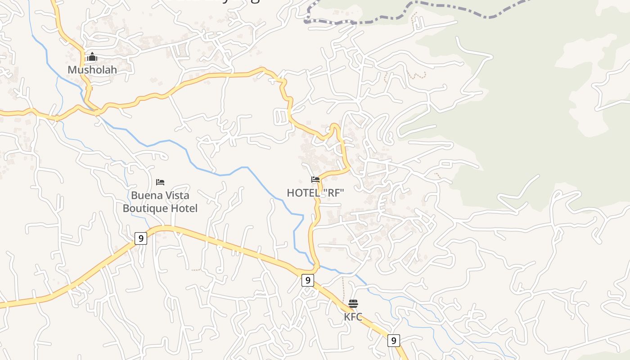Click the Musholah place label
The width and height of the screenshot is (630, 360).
92,70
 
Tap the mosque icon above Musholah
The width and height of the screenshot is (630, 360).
92,57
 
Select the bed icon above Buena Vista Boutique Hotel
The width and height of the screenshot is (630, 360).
160,182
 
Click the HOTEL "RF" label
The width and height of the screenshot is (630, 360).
315,193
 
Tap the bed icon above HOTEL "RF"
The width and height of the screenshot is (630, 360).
315,179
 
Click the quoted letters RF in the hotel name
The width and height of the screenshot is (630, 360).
333,193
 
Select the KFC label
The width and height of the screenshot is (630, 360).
353,317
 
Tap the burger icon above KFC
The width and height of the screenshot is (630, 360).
353,303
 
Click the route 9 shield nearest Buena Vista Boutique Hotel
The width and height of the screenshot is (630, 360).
141,238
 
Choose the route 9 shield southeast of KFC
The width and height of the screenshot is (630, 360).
394,341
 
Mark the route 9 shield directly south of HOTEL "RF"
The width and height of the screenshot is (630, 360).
307,280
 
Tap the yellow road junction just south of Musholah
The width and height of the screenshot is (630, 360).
96,111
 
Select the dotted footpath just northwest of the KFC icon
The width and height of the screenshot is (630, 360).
343,288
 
